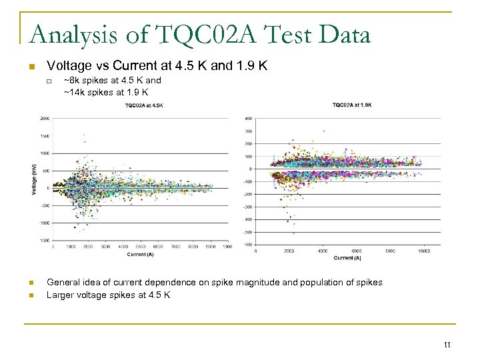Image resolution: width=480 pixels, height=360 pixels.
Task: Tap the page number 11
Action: click(447, 345)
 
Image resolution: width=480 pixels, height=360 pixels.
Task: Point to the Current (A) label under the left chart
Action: click(140, 255)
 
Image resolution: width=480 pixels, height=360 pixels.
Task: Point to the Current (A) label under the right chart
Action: click(347, 257)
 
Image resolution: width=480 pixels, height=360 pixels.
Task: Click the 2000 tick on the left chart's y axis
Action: click(44, 119)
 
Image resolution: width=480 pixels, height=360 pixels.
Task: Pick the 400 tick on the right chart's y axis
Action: click(248, 119)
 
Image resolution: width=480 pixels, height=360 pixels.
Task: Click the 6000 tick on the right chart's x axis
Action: click(357, 251)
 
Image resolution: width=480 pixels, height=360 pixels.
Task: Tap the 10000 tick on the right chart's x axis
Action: click(424, 251)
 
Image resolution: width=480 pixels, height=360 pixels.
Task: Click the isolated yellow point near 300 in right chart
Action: click(323, 131)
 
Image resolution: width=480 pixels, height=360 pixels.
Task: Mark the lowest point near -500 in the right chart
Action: click(294, 233)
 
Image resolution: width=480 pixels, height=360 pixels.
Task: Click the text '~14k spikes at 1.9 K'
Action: click(106, 92)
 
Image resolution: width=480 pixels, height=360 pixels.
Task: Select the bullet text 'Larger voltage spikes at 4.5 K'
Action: click(108, 295)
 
